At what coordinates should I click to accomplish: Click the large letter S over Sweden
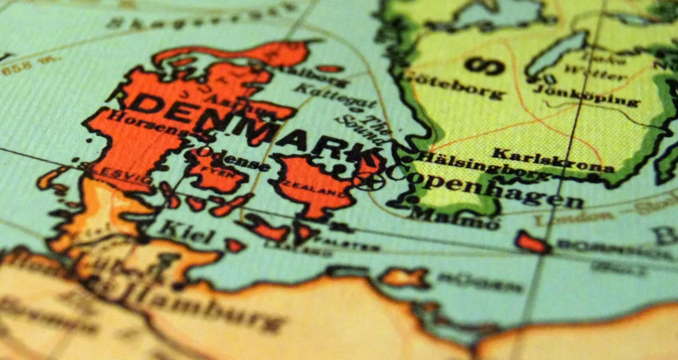(x=485, y=66)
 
